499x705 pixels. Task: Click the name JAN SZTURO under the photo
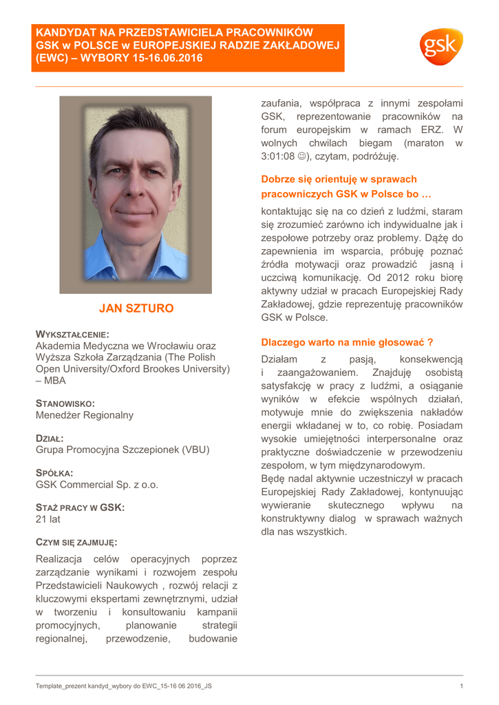[x=136, y=308]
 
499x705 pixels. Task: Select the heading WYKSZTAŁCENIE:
[x=72, y=334]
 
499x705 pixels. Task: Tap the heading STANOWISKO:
[x=65, y=403]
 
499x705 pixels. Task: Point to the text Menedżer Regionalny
[x=85, y=415]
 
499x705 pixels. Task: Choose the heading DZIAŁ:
[x=50, y=439]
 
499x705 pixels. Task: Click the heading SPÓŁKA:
[x=54, y=473]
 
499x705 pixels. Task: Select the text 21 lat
[x=48, y=520]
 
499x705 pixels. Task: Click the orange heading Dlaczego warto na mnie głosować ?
[x=347, y=342]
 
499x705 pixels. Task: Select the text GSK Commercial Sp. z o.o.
[x=97, y=485]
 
